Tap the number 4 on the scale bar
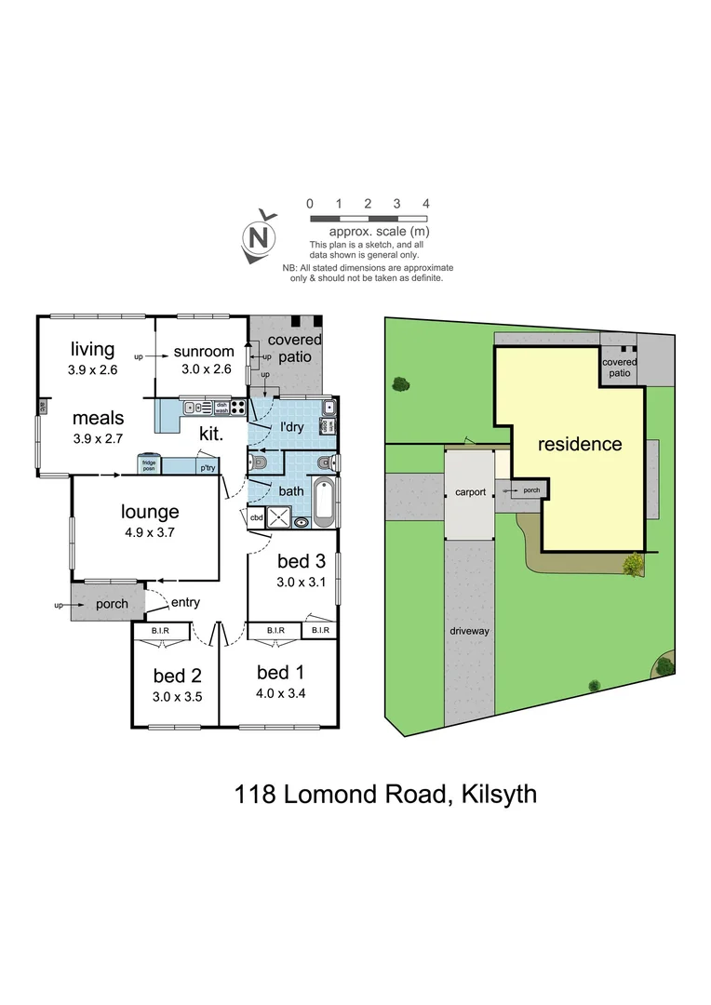tap(425, 203)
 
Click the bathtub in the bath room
tap(324, 500)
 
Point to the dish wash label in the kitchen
tap(221, 406)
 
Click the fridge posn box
tap(148, 463)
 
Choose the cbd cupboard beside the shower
tap(255, 519)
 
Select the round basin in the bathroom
tap(302, 522)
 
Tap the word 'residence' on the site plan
tap(579, 444)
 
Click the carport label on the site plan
tap(470, 492)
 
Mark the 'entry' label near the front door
tap(184, 603)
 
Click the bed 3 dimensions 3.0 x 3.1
tap(302, 583)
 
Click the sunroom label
tap(202, 351)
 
